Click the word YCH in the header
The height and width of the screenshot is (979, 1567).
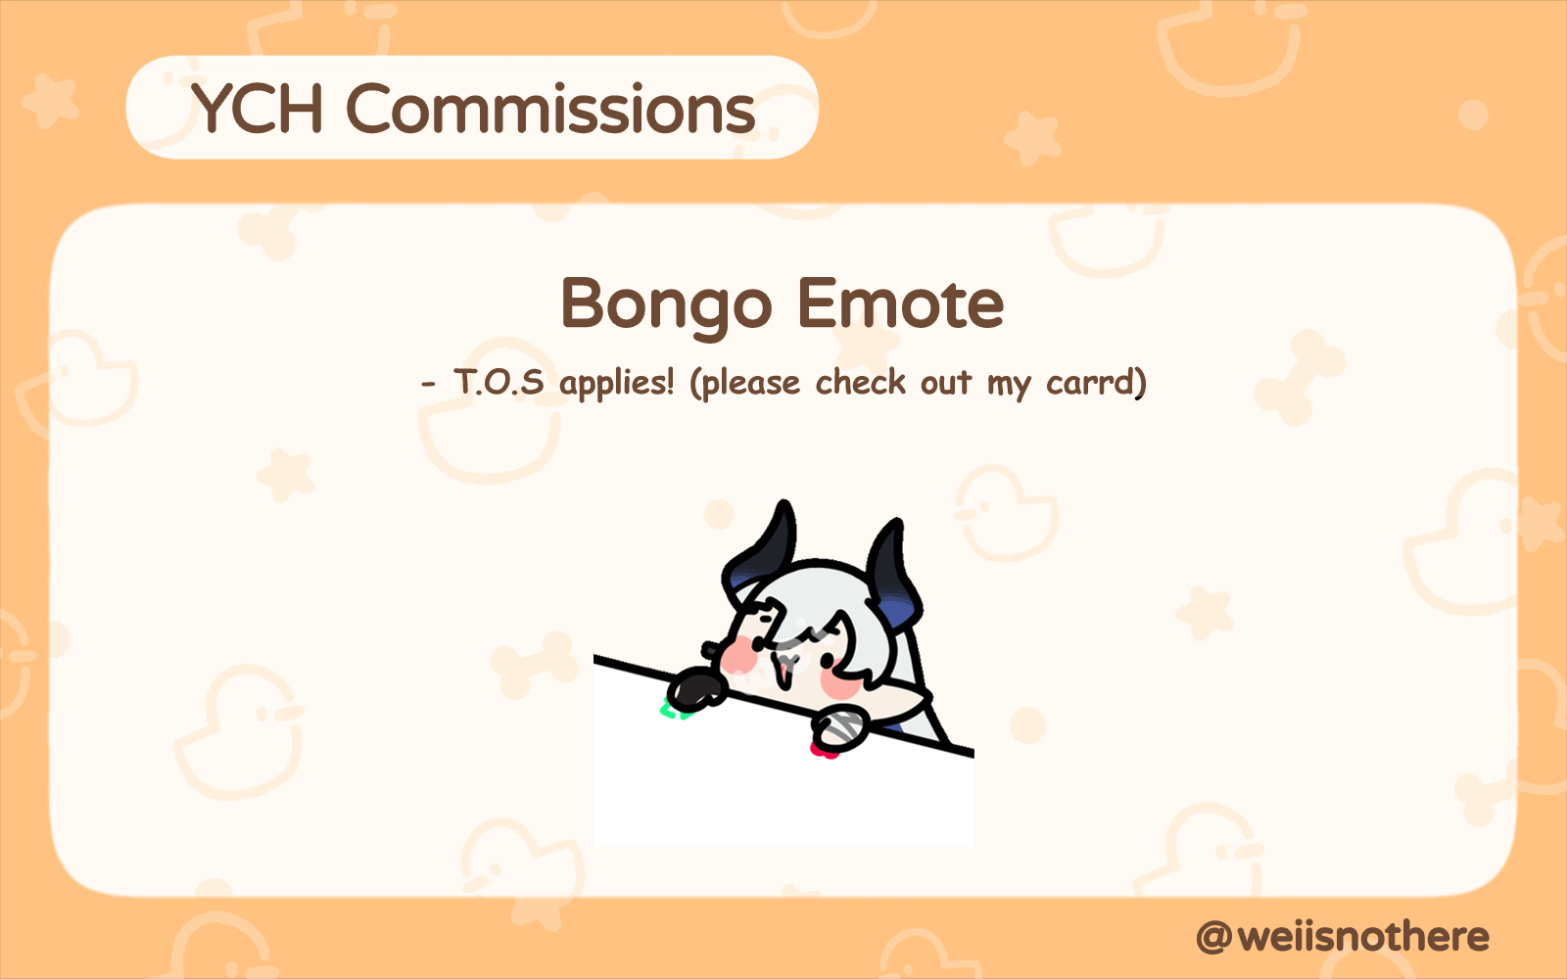click(x=257, y=109)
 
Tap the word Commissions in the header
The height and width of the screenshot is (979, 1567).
click(x=551, y=109)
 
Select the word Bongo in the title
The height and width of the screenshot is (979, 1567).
click(x=667, y=305)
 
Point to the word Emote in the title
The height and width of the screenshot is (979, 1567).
click(x=901, y=303)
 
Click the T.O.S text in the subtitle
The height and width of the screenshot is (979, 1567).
click(x=499, y=383)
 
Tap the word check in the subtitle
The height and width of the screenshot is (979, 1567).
click(x=861, y=382)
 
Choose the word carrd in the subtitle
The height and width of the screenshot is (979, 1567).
click(x=1090, y=383)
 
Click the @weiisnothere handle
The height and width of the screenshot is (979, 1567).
click(x=1343, y=937)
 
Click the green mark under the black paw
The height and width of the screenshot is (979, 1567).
click(x=673, y=712)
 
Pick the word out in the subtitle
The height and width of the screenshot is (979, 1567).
click(x=946, y=383)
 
